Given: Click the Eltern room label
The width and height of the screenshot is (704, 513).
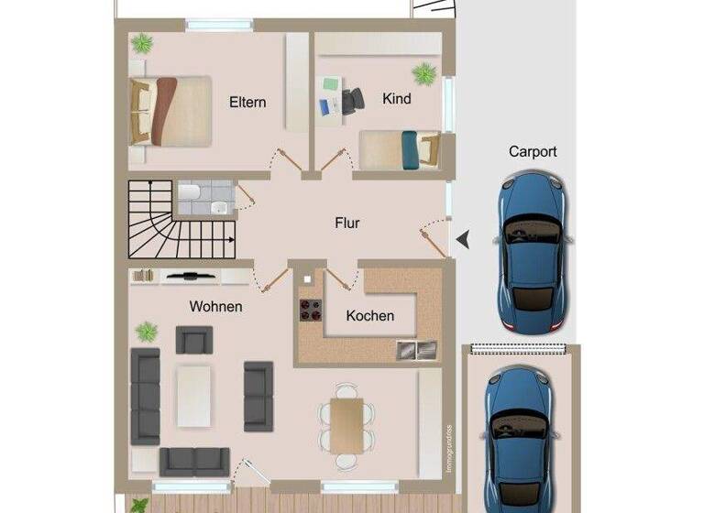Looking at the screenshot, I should click(247, 102).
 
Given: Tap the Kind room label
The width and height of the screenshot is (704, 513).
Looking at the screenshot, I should click(396, 98).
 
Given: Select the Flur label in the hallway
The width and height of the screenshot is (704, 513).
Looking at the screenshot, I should click(346, 223).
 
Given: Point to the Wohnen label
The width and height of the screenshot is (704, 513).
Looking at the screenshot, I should click(215, 306).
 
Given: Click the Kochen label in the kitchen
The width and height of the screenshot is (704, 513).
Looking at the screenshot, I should click(370, 316).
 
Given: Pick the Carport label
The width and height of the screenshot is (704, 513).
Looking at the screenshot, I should click(533, 152).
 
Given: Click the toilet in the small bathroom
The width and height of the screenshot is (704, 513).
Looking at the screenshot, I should click(190, 192).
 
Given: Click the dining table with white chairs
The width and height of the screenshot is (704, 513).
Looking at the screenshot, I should click(347, 423).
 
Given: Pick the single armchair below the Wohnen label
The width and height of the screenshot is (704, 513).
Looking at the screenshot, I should click(193, 340).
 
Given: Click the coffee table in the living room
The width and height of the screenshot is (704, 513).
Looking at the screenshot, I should click(194, 396).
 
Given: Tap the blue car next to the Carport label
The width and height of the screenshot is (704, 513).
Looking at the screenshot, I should click(533, 252).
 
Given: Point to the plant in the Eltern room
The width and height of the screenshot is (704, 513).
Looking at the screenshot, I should click(142, 43).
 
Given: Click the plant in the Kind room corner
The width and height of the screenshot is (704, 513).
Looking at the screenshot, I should click(423, 73).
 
